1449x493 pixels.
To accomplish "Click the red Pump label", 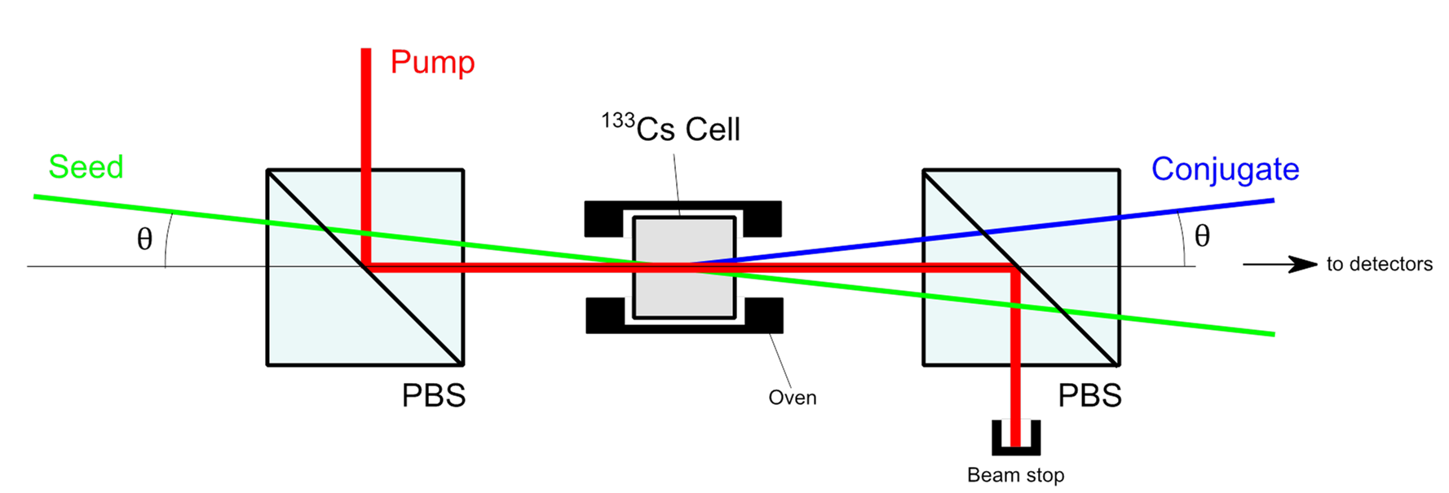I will (x=432, y=62).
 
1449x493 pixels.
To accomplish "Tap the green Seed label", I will (x=86, y=167).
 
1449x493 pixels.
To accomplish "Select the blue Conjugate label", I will (x=1225, y=169).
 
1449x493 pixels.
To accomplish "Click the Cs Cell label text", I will (x=673, y=129).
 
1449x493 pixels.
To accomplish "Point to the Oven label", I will (x=792, y=398).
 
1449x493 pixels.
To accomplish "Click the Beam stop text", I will (x=1015, y=475).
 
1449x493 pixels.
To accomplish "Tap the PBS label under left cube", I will (x=433, y=396).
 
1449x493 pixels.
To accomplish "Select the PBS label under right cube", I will (x=1089, y=396).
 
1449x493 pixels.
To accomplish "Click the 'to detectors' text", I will (x=1379, y=264).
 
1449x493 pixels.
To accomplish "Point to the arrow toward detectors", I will (x=1280, y=264).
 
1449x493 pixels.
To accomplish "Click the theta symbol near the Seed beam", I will (x=144, y=239).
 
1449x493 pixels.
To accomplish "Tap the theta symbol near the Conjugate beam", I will (x=1202, y=236).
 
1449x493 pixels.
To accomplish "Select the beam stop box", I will (x=1015, y=437).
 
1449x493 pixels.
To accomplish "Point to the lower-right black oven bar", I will (x=764, y=315).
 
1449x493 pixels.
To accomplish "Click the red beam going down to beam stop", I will (x=1015, y=359).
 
